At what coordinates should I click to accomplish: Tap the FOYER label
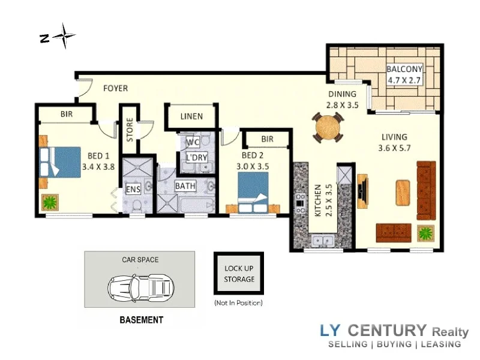115,88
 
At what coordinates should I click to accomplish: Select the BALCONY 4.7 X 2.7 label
404,73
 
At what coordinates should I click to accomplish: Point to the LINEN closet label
191,116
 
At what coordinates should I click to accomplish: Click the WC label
192,142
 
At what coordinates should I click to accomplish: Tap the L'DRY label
196,158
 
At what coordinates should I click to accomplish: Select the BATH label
185,186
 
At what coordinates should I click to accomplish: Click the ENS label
133,190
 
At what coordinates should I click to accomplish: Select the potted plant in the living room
426,232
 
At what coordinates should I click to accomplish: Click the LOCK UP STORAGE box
239,274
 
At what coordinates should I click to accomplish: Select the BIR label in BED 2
267,139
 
